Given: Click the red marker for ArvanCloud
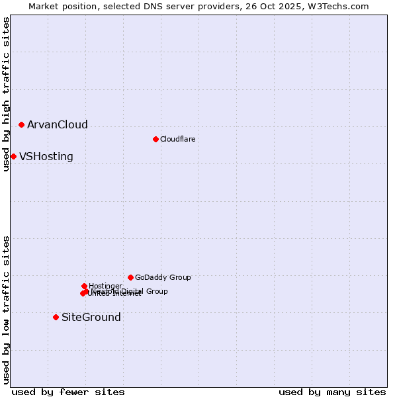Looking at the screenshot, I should point(21,124).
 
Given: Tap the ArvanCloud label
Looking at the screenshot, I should point(57,124).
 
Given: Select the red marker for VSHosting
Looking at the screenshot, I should point(13,156).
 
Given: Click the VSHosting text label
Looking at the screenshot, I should point(46,157).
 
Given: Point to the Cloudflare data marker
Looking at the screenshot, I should point(155,139).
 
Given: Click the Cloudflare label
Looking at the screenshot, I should point(177,139).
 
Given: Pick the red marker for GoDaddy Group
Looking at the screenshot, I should point(130,277).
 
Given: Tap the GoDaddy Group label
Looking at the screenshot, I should point(163,277).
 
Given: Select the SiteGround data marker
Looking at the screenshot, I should point(56,317).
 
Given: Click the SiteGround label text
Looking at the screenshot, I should point(91,318).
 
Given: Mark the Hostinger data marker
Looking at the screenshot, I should point(84,286).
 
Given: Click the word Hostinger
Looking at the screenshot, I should point(105,286).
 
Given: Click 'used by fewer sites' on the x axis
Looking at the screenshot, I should point(68,392).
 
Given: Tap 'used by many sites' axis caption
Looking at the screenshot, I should point(332,392).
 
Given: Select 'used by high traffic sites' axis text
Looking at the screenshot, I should point(7,94).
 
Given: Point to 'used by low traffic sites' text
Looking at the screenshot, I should point(7,309).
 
